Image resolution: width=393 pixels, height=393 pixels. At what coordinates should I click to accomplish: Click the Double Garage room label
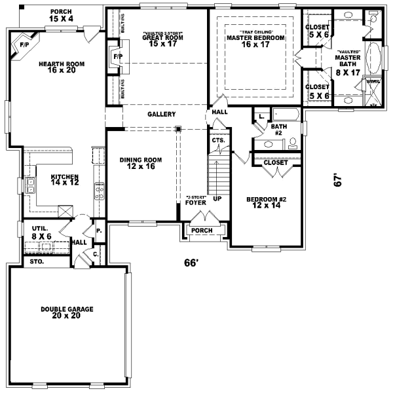tap(67, 312)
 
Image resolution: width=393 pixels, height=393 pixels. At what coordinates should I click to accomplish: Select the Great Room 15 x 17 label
tap(162, 41)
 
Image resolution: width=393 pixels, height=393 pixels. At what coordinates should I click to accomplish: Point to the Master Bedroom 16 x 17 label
tap(255, 41)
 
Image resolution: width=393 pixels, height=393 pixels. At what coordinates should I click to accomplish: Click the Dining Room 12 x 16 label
tap(140, 163)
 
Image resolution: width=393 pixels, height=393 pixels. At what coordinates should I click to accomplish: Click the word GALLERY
tap(161, 114)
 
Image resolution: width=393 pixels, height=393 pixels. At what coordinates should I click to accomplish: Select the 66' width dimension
tap(191, 263)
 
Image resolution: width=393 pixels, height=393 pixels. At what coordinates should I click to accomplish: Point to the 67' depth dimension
tap(338, 181)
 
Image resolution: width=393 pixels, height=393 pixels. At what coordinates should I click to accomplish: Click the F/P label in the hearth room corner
tap(24, 45)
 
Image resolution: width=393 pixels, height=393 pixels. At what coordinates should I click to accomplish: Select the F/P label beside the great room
tap(117, 57)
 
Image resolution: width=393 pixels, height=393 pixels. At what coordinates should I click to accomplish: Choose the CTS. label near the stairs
tap(217, 141)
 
